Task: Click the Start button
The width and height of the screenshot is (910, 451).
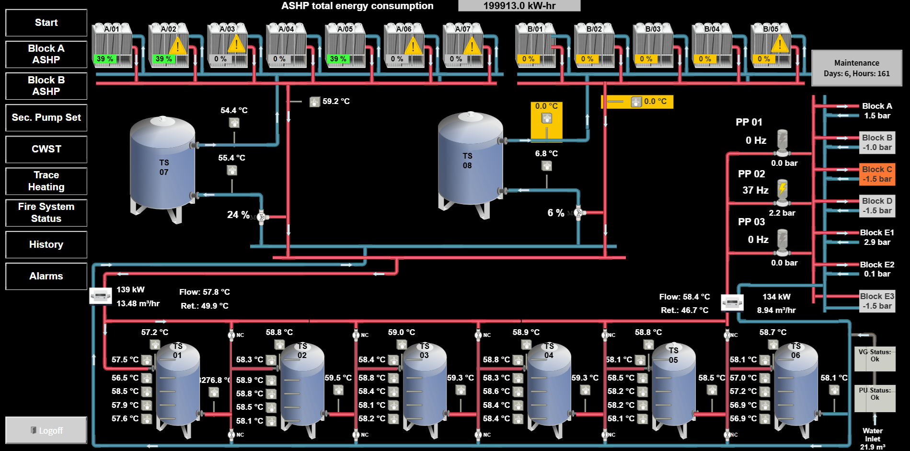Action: coord(46,23)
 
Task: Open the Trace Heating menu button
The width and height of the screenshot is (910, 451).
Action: coord(46,181)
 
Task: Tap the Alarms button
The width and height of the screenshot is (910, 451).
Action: coord(46,276)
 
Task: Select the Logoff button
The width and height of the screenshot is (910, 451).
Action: coord(46,430)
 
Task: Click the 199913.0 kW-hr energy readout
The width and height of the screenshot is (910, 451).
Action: coord(519,6)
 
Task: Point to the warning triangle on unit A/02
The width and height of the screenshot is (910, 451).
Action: coord(178,45)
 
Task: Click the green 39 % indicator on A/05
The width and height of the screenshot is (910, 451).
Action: coord(338,59)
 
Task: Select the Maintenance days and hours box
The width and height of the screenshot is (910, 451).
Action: coord(856,68)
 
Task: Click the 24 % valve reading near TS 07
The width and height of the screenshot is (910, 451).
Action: coord(238,215)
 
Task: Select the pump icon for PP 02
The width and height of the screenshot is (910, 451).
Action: coord(782,192)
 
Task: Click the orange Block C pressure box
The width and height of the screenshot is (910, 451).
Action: coord(877,174)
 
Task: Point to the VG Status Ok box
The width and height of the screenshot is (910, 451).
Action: coord(875,359)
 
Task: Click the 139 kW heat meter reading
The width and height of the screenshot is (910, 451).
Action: coord(130,289)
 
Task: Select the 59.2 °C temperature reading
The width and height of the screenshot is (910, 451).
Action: coord(336,101)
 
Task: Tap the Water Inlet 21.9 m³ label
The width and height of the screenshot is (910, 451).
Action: coord(873,439)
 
